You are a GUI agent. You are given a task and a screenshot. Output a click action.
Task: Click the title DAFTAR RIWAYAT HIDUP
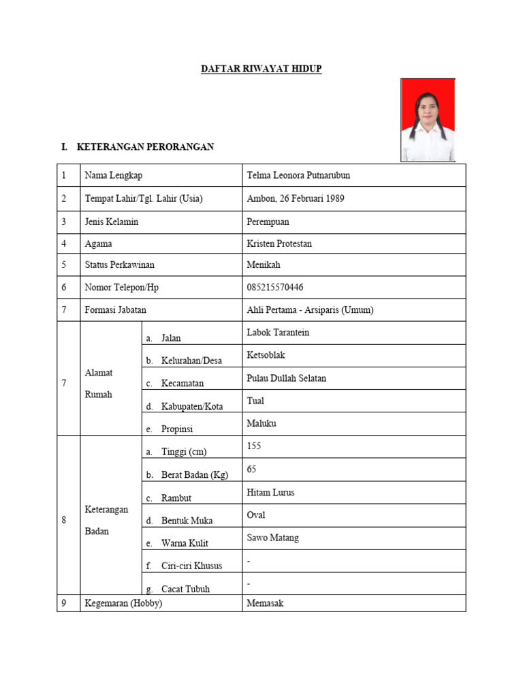click(x=261, y=69)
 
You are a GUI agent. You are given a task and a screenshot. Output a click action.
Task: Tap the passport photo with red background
click(x=427, y=119)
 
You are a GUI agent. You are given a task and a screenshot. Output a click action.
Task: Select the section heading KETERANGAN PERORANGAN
click(x=146, y=147)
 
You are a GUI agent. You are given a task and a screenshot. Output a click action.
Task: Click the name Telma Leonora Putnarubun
click(x=298, y=175)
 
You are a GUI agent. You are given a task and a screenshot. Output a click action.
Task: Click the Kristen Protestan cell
click(x=279, y=243)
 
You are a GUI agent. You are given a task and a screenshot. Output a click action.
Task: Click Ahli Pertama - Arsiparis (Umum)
click(x=310, y=309)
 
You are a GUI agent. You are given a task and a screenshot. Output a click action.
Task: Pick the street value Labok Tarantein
click(x=278, y=332)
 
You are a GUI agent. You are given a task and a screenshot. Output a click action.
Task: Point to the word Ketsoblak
click(x=266, y=355)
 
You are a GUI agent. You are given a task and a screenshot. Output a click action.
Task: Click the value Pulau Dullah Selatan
click(x=287, y=378)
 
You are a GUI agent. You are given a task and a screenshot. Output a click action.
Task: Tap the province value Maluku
click(x=261, y=423)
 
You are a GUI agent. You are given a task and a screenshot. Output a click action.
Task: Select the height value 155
click(x=254, y=446)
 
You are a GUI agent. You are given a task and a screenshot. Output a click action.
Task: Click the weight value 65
click(x=251, y=470)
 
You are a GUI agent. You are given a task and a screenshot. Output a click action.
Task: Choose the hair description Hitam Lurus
click(x=270, y=492)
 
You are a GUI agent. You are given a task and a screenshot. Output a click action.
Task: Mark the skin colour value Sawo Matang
click(x=272, y=538)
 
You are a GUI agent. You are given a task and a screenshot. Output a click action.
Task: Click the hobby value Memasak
click(x=265, y=603)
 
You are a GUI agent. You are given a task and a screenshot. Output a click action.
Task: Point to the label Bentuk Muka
click(x=187, y=521)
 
